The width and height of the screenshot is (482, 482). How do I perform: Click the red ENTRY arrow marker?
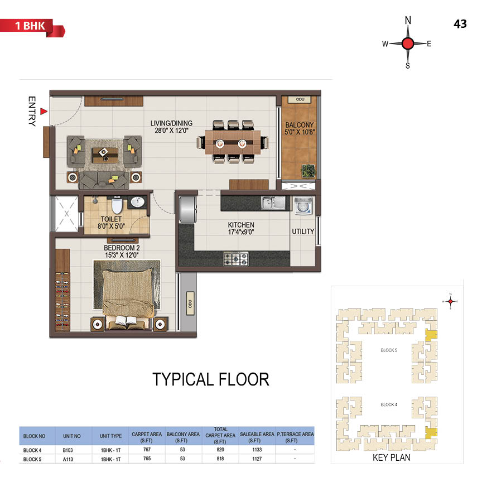(x=44, y=111)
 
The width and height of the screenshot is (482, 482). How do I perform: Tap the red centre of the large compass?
(x=408, y=44)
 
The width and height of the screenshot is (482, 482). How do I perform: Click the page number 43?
(x=460, y=24)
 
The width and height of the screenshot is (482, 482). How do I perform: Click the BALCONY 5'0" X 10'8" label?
(x=300, y=128)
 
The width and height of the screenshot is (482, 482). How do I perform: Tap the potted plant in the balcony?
(x=308, y=171)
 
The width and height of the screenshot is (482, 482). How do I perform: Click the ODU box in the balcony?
(x=300, y=99)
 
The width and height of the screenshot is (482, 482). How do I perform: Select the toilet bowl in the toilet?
(x=117, y=205)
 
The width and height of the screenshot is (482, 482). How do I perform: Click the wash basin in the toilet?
(x=137, y=202)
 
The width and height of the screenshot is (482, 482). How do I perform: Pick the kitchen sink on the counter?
(x=273, y=203)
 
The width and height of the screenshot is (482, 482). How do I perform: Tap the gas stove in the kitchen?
(x=236, y=259)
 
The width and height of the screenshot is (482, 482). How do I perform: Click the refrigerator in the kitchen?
(x=188, y=209)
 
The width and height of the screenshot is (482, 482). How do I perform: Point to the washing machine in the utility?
(x=303, y=206)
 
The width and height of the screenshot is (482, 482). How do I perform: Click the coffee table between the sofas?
(x=105, y=155)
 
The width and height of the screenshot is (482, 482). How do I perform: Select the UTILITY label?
(x=303, y=232)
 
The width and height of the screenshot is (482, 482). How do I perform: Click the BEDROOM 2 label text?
(x=122, y=248)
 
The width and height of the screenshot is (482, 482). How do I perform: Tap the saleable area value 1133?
(x=257, y=450)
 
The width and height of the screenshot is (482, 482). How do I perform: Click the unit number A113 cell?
(x=68, y=459)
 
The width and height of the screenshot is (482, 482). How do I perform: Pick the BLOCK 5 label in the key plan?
(x=389, y=350)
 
